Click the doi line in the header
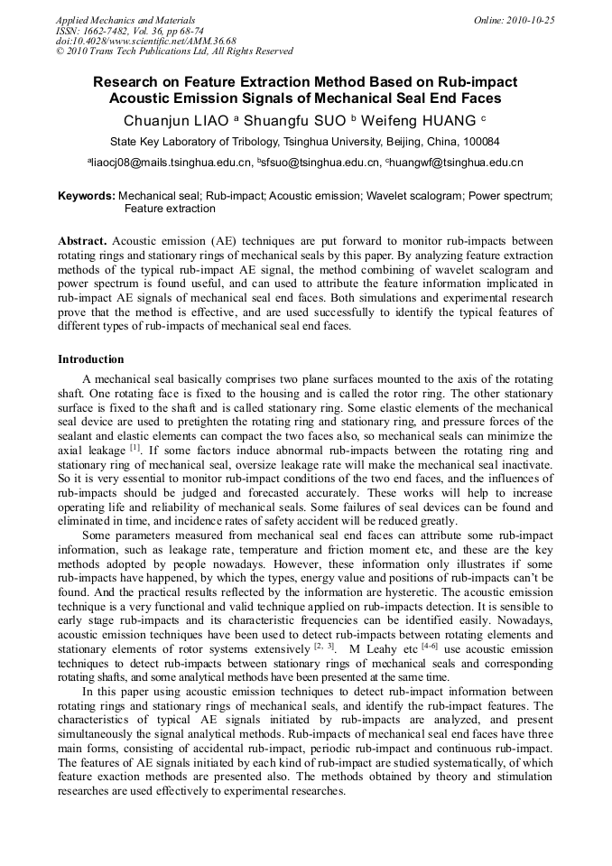click(145, 41)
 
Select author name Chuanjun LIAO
click(177, 119)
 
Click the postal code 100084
click(479, 142)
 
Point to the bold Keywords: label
click(87, 195)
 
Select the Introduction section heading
click(91, 359)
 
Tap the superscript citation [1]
click(135, 446)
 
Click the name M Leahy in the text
click(370, 648)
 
